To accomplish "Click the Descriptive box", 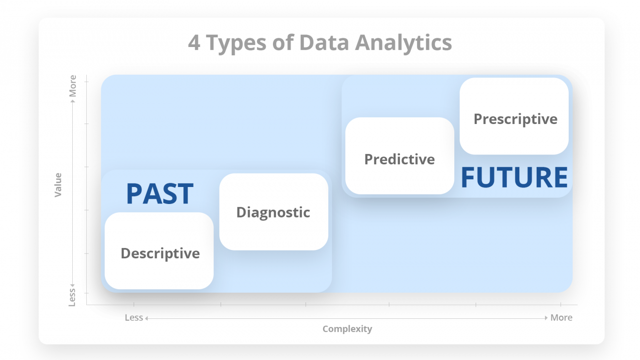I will click(160, 251).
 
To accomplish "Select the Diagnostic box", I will click(273, 212).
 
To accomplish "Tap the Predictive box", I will click(400, 156).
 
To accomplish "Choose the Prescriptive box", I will click(514, 116).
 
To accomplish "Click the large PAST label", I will click(160, 193).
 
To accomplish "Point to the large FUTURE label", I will click(514, 177).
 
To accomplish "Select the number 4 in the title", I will click(194, 43).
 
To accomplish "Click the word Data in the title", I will click(323, 43).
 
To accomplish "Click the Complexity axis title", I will click(347, 329).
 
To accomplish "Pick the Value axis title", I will click(58, 185).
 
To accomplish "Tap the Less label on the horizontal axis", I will click(133, 318).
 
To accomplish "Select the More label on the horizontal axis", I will click(561, 318).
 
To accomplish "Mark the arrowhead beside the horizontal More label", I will click(546, 318).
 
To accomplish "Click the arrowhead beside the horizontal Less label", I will click(146, 318).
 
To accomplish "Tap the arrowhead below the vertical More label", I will click(73, 100).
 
